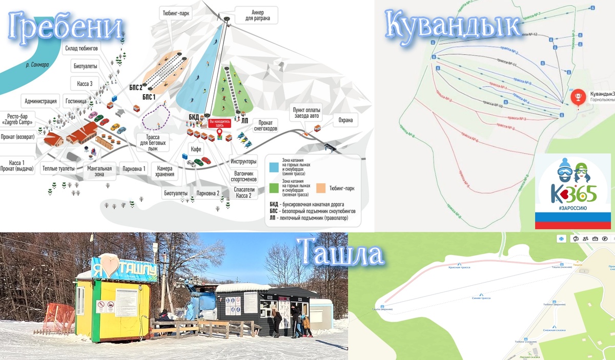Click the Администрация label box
[x=40, y=101]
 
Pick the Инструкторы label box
[x=243, y=162]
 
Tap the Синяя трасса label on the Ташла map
[x=482, y=298]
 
